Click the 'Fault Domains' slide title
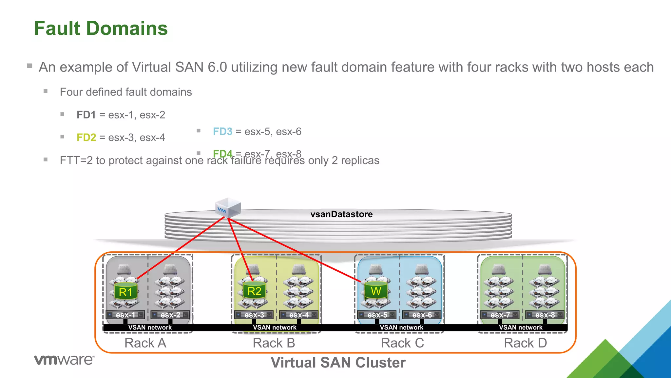pos(101,28)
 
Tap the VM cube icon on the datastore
pos(228,208)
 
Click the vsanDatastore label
pos(341,214)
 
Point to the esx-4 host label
pos(299,315)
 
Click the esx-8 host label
pos(545,315)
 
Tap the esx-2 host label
pos(170,315)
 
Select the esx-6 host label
pos(422,315)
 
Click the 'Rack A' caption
pos(145,343)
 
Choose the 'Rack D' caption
pos(525,343)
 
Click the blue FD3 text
pos(222,132)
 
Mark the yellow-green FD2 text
pos(86,137)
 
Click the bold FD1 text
pos(86,115)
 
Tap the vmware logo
pos(64,360)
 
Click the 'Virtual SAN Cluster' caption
pos(338,363)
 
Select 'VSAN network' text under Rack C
pos(401,327)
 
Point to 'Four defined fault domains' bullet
pos(126,92)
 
